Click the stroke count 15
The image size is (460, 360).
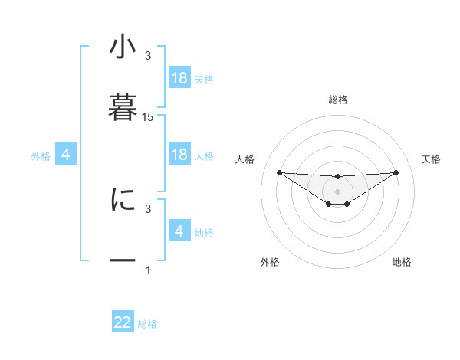point(148,117)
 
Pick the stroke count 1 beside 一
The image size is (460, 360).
point(148,270)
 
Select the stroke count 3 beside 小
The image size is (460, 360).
point(148,56)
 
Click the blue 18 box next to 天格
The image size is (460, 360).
point(179,78)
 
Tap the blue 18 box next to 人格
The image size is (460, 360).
point(179,155)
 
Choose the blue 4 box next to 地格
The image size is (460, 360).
point(179,231)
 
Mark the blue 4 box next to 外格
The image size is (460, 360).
point(66,155)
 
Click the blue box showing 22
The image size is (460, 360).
point(123,322)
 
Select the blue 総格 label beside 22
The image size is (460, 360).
point(147,324)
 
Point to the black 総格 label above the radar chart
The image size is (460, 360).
point(338,100)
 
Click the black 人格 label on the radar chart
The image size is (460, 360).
point(245,159)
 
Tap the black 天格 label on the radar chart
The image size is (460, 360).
point(432,159)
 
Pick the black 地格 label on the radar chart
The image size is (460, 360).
point(402,263)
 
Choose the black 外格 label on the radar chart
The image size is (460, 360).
point(270,263)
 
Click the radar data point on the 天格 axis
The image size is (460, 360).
point(396,172)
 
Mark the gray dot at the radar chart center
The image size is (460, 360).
point(338,191)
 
